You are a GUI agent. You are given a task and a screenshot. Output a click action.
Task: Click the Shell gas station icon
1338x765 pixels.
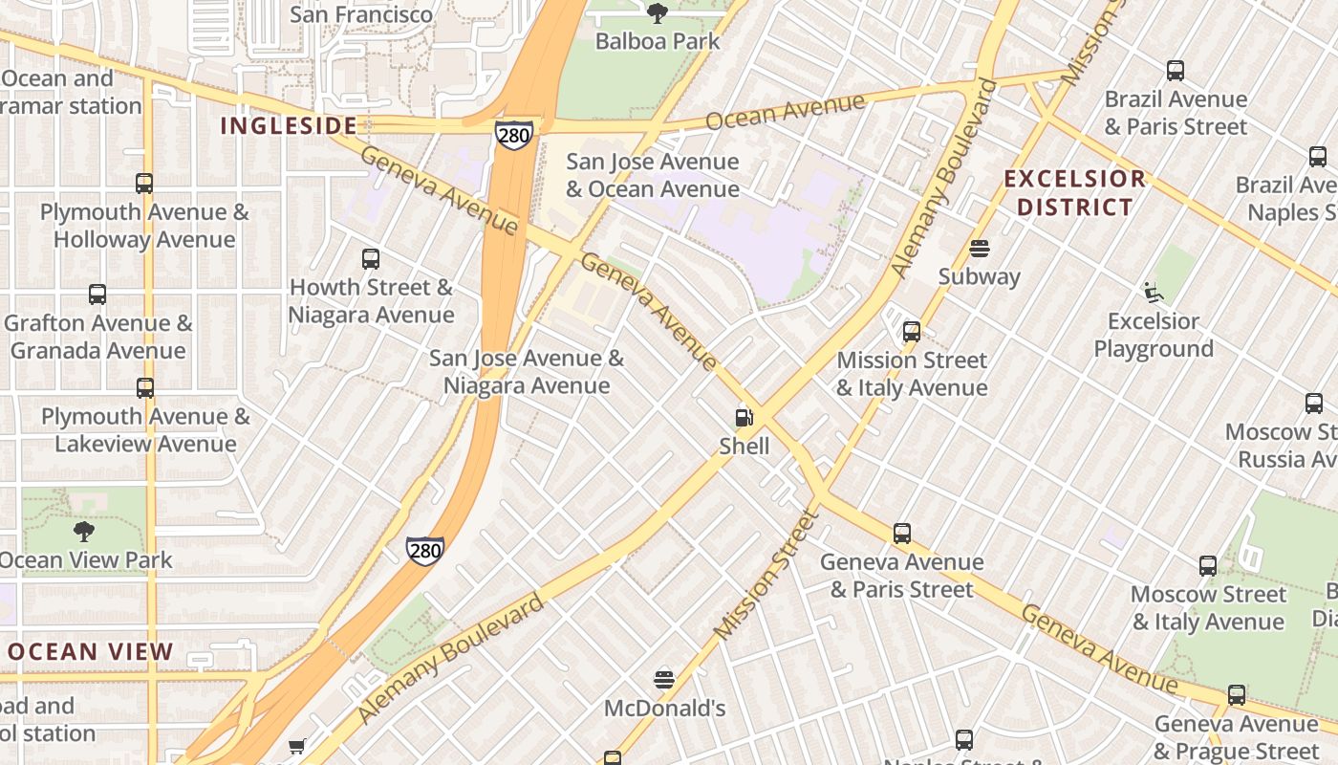(744, 418)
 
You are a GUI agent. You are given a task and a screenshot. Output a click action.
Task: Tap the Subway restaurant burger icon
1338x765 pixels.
(979, 249)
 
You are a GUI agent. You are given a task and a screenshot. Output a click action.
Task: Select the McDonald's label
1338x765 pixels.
(665, 709)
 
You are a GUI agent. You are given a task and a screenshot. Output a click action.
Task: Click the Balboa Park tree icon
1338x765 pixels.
(657, 13)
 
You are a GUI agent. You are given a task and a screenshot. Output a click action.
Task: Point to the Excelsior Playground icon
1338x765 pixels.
(1154, 293)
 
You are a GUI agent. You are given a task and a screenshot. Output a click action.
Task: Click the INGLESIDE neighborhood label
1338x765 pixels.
(289, 125)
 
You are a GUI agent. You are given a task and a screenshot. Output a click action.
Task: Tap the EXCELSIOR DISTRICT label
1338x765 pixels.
(1074, 192)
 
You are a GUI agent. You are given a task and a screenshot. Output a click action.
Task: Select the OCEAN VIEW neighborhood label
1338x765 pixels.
(91, 652)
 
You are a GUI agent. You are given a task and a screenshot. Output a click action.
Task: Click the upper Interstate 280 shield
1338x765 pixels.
(513, 135)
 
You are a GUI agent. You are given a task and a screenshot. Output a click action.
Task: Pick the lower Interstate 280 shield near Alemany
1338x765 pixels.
(424, 550)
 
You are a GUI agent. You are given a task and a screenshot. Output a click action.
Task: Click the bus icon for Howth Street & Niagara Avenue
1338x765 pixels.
(371, 258)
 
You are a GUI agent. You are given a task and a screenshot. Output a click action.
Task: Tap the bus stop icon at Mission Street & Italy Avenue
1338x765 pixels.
(912, 332)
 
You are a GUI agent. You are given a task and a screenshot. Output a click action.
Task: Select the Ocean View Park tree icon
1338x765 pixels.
(84, 532)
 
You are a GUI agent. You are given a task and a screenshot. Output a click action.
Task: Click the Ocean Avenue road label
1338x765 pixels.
(786, 110)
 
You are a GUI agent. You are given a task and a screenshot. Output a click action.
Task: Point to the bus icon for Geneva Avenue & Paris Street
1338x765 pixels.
(902, 534)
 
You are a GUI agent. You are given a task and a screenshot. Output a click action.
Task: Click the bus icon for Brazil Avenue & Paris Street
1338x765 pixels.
(1176, 71)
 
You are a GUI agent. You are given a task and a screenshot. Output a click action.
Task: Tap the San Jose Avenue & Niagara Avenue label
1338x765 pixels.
(527, 372)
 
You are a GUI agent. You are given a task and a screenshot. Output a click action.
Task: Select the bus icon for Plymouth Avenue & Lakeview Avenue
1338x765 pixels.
(145, 388)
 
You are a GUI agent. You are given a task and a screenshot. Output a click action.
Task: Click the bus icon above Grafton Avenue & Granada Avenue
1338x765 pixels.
(97, 295)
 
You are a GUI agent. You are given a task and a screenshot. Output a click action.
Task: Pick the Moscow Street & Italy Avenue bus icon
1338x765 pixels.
(1208, 566)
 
